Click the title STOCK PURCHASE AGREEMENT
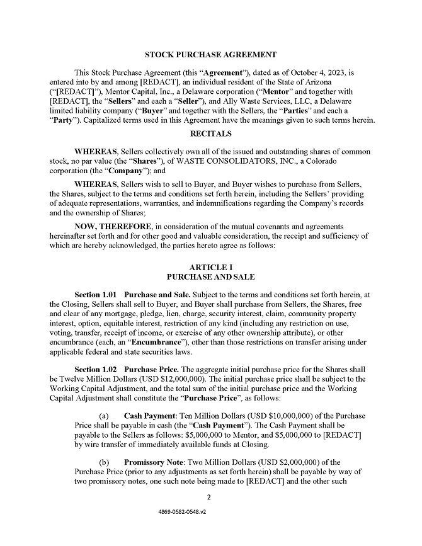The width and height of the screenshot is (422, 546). coord(210,55)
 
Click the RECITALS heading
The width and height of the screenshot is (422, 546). coord(210,134)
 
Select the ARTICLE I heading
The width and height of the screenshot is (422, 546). coord(210,268)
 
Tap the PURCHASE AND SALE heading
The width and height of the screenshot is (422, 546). coord(210,277)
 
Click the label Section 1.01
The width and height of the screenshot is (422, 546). coord(96,295)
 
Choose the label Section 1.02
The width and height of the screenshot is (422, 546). coord(96,369)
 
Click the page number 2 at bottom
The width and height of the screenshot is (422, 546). coord(210,496)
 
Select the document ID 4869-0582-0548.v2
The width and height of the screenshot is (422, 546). coord(210,513)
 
